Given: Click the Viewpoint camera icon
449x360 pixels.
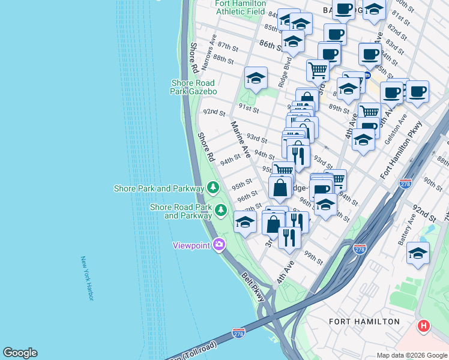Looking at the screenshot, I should pos(219,244).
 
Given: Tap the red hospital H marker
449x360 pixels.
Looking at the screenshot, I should pos(424,326).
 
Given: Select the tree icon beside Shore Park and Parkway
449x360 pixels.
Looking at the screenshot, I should pos(212,188).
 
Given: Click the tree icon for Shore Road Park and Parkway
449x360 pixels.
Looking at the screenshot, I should pos(221,210).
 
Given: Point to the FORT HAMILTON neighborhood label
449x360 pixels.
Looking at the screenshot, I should pos(364,322).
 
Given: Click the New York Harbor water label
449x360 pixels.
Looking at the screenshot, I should pos(88,278).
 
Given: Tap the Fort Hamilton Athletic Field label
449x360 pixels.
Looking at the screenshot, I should pos(240,7).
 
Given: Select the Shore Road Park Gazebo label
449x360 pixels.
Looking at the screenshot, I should pos(194,86).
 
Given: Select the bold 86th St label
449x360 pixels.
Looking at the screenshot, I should pos(271,45).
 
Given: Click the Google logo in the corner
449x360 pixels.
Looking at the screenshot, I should pos(20,353).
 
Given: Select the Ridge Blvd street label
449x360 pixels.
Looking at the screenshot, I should pos(284,72).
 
